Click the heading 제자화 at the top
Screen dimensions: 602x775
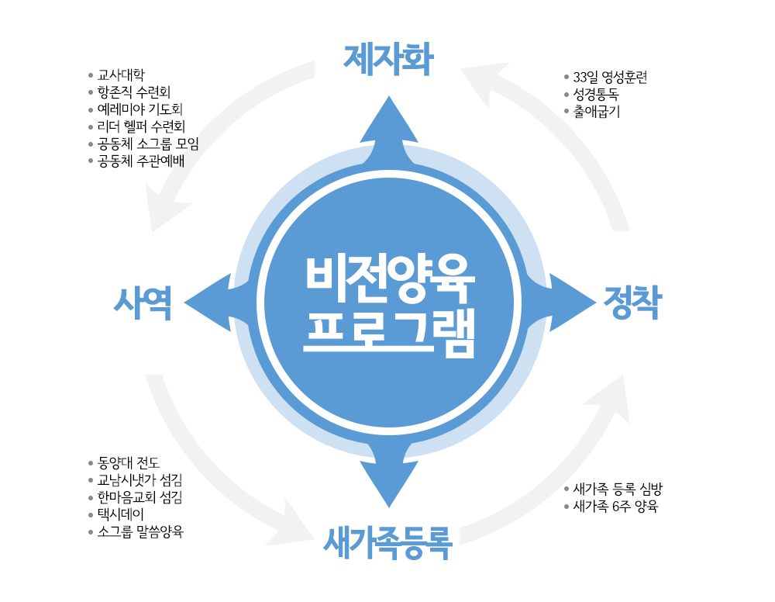coord(388,59)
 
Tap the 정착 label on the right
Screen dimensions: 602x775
coord(632,302)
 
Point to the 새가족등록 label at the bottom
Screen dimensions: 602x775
coord(387,541)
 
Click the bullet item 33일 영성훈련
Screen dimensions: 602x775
coord(610,77)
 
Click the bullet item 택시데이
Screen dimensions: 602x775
coord(121,514)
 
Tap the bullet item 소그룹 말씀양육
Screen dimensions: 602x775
coord(140,531)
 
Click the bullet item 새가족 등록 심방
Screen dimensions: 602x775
coord(618,490)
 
